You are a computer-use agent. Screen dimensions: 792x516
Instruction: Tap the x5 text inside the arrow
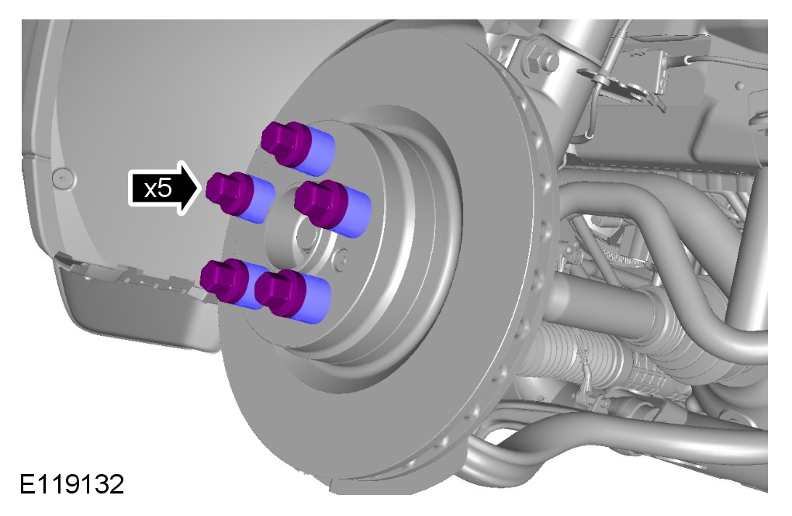pos(158,189)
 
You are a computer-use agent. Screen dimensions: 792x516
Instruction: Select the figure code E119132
pos(71,484)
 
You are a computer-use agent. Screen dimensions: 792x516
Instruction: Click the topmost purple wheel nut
pos(286,142)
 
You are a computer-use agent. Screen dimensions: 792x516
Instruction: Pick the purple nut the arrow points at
pos(230,193)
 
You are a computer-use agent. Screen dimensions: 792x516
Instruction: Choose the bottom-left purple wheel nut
pos(225,280)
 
